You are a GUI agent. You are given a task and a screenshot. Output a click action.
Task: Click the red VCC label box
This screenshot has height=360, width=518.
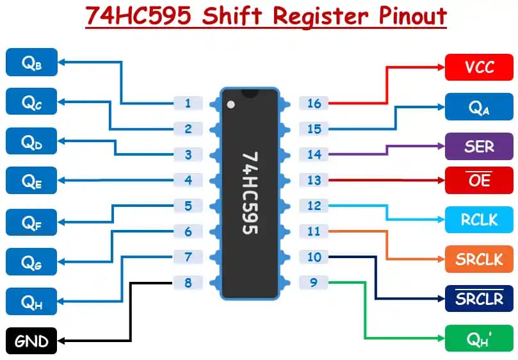[479, 67]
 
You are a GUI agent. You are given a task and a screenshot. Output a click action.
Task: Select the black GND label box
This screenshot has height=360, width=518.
[31, 340]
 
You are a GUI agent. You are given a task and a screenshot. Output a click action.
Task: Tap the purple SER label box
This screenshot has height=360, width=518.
[479, 146]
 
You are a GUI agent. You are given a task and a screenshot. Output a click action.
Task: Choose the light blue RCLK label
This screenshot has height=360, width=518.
[479, 220]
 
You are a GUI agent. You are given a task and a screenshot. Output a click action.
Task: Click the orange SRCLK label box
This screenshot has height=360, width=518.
[479, 259]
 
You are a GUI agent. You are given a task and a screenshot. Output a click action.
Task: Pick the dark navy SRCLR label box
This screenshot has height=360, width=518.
[479, 299]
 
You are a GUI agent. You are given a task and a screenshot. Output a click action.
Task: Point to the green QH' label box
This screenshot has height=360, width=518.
[479, 338]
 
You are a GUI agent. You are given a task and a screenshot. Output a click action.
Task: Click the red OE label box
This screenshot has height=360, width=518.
[479, 180]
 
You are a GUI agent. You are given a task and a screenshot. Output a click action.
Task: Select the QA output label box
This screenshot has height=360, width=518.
[479, 107]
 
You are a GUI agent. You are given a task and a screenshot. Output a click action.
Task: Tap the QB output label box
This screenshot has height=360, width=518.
[31, 62]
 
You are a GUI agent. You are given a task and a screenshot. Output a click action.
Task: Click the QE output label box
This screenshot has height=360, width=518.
[31, 181]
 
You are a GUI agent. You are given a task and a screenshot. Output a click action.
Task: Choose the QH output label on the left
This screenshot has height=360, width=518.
[31, 302]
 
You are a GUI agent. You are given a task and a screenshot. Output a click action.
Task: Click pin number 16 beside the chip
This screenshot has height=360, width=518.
[314, 103]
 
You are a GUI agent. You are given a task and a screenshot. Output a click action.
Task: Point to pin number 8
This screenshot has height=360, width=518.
[188, 282]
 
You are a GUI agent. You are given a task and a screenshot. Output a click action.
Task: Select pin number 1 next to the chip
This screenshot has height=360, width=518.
[188, 103]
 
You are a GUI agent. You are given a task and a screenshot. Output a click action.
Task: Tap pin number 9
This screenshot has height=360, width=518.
[314, 282]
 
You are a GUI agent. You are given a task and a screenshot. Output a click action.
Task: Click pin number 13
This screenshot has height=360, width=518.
[314, 180]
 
